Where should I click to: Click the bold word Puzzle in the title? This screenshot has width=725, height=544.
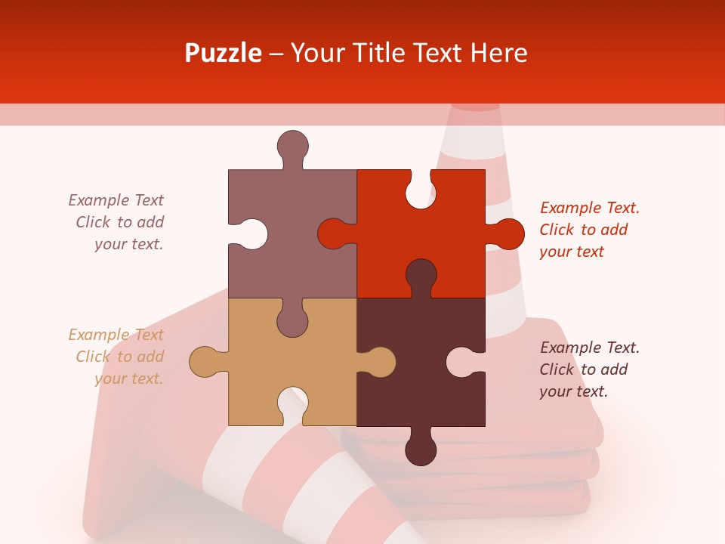(x=223, y=53)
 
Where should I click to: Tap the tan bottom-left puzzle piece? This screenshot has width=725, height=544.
(x=249, y=363)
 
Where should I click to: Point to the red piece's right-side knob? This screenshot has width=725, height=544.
(x=507, y=233)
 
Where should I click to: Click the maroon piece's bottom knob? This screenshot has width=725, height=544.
(x=421, y=450)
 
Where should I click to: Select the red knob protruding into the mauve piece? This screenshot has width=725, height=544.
(x=333, y=233)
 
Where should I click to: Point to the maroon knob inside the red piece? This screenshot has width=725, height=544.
(x=421, y=275)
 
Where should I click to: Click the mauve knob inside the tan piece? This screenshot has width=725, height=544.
(x=292, y=320)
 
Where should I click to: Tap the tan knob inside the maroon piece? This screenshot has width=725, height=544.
(x=379, y=362)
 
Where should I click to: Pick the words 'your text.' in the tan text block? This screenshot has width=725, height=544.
(x=128, y=379)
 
